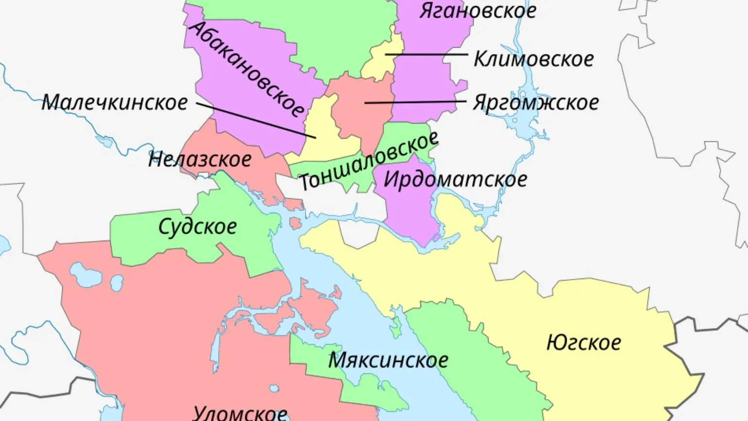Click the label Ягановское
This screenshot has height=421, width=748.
(477, 11)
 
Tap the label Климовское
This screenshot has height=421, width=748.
(533, 59)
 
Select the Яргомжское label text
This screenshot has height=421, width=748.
(536, 103)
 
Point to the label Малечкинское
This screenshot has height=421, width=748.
(115, 103)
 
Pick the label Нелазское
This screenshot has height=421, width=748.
(200, 159)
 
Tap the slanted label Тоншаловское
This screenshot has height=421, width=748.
(368, 161)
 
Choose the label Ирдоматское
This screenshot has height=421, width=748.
(455, 179)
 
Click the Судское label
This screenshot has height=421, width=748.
(198, 227)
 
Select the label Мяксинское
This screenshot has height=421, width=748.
(388, 360)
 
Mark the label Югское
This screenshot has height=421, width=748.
(583, 343)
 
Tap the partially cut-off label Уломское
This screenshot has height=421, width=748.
(240, 413)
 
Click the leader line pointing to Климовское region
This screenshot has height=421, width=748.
(427, 54)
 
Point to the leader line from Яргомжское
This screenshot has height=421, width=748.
(413, 102)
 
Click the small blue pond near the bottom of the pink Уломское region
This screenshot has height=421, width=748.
(274, 388)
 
